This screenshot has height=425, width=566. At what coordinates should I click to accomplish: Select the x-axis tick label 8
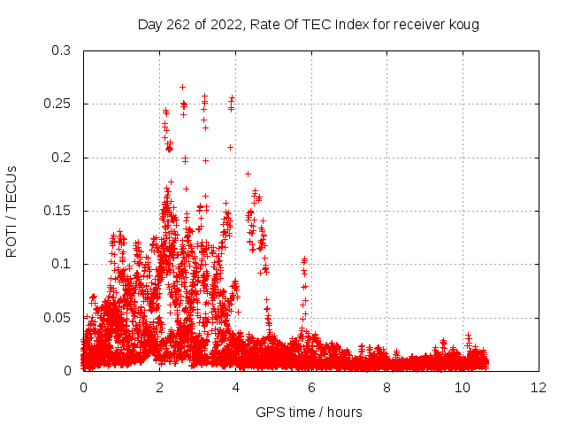[387, 387]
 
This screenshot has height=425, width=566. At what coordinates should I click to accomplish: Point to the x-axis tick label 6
[311, 387]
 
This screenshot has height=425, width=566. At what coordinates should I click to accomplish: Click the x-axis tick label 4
[235, 387]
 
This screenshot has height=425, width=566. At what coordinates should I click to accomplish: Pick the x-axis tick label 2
[159, 387]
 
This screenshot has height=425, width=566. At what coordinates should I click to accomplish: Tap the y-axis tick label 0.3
[61, 51]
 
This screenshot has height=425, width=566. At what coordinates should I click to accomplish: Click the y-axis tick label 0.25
[57, 104]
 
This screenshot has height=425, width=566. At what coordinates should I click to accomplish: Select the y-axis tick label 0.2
[61, 158]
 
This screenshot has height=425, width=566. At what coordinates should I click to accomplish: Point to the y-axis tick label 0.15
[57, 211]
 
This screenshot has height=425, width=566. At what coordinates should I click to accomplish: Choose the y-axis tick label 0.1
[61, 264]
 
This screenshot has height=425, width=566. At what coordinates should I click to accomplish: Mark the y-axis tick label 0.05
[57, 317]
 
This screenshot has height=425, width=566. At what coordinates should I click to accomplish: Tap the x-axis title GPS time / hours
[309, 412]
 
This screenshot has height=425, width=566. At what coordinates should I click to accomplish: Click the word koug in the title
[463, 24]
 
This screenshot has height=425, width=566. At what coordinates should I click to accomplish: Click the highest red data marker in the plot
[182, 87]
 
